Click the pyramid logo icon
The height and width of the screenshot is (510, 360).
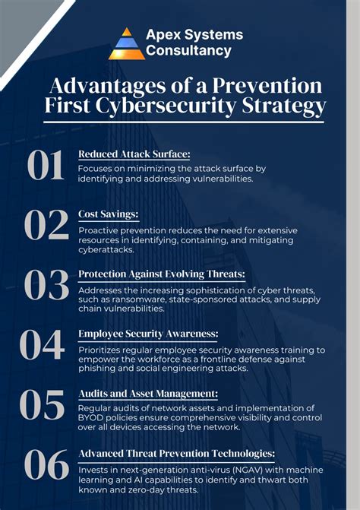coord(126,43)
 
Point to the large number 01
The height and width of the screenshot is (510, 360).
coord(46,166)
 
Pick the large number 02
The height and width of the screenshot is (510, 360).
coord(46,225)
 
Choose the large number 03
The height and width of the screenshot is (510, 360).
coord(46,285)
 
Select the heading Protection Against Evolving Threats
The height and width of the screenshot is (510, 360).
coord(161,274)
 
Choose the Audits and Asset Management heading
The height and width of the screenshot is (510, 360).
coord(148,393)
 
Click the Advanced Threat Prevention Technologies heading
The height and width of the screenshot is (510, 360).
coord(177,453)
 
